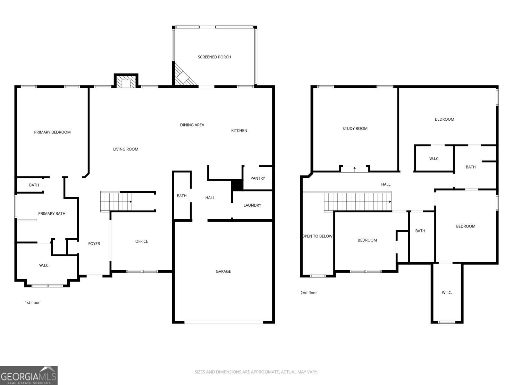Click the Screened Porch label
(x=214, y=57)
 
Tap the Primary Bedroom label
(x=52, y=132)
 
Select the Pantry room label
(x=257, y=178)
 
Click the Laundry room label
(x=252, y=205)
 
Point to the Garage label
(x=223, y=271)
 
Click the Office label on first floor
(x=141, y=241)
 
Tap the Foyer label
(x=94, y=244)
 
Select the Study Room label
(x=355, y=129)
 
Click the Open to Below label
(x=317, y=236)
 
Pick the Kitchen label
(x=239, y=131)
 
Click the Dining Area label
(x=192, y=125)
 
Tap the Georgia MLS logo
(x=29, y=375)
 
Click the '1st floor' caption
(x=32, y=303)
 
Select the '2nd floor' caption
(x=308, y=293)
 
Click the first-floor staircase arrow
(x=130, y=202)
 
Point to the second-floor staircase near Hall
(x=357, y=202)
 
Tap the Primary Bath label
(x=52, y=214)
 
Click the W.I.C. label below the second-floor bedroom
(x=447, y=293)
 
